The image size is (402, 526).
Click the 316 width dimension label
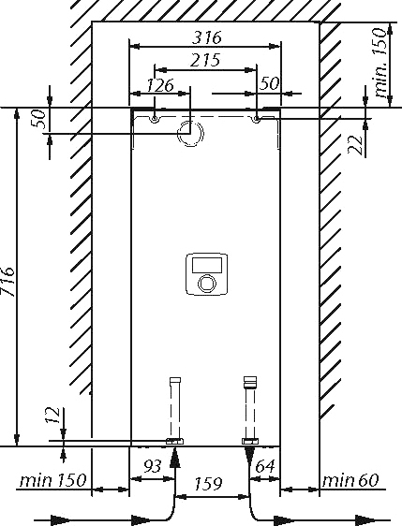(207, 37)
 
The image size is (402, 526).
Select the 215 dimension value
(205, 60)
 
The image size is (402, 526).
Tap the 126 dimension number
(160, 85)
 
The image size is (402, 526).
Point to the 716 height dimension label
(7, 281)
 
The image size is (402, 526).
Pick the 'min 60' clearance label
(350, 480)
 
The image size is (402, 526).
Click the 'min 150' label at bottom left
(53, 480)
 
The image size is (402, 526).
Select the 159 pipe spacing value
(208, 483)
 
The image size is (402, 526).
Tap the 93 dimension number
(153, 466)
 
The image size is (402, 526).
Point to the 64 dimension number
(265, 466)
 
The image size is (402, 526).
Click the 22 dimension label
(355, 145)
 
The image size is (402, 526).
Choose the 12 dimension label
(52, 416)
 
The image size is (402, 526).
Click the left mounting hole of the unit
(155, 119)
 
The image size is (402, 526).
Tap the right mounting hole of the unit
(256, 119)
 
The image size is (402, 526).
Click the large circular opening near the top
(190, 133)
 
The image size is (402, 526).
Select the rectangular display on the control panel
(206, 265)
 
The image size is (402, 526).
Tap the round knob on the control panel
(206, 283)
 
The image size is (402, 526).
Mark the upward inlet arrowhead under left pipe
(174, 457)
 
